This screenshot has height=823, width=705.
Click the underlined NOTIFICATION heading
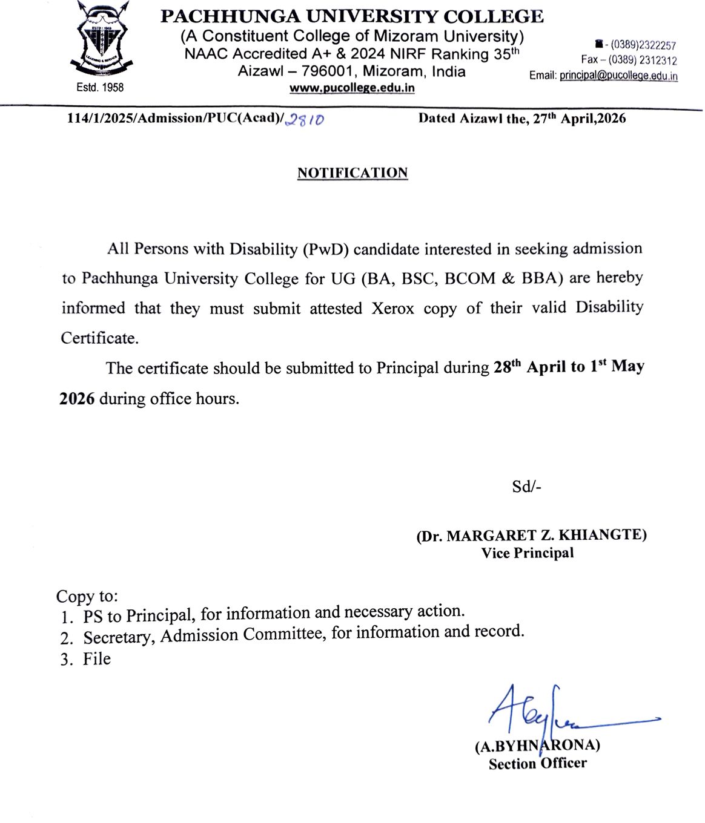click(x=352, y=173)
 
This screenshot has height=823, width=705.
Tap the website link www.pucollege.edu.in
click(x=352, y=88)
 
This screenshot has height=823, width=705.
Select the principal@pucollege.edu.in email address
click(x=618, y=76)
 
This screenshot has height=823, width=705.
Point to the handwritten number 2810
click(x=305, y=119)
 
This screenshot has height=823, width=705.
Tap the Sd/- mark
click(x=526, y=487)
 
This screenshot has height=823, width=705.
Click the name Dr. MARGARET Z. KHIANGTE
click(x=531, y=536)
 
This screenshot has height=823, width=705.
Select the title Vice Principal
click(x=528, y=553)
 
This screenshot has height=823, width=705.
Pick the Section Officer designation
click(x=538, y=764)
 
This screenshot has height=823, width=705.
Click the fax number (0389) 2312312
click(x=643, y=60)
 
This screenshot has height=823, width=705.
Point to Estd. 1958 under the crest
click(x=100, y=88)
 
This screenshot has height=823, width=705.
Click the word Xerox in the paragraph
click(x=393, y=309)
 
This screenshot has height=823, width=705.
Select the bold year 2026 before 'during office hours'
click(x=77, y=399)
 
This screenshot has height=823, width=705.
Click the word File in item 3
click(x=97, y=659)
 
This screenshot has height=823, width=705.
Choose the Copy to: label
click(x=87, y=596)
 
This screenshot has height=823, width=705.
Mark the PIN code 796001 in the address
click(x=326, y=71)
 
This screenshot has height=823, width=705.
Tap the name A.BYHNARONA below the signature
click(x=537, y=746)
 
